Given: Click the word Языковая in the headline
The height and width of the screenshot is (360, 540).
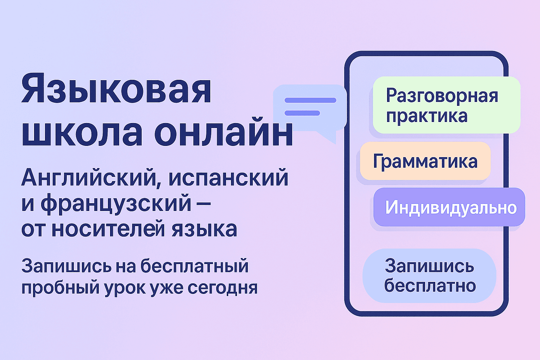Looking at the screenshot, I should [116, 89].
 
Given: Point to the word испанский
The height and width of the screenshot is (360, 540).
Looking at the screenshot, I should [229, 178].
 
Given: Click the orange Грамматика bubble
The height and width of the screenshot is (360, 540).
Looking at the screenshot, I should [425, 161].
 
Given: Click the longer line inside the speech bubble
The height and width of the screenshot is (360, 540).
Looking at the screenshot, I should [310, 100].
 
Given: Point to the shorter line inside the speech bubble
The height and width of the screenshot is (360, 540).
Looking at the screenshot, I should [302, 113].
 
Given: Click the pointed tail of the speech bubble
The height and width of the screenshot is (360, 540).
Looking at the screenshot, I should [329, 138].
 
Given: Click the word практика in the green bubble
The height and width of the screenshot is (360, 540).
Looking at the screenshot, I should [427, 116].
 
